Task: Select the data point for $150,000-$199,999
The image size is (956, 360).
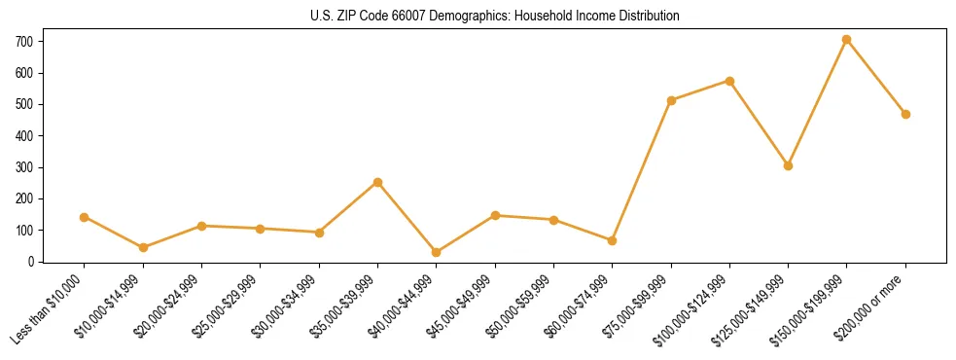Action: (x=846, y=40)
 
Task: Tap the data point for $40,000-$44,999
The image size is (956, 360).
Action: (x=436, y=252)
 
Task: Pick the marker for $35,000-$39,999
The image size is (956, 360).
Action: (x=377, y=182)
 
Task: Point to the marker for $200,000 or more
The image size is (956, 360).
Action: (x=905, y=114)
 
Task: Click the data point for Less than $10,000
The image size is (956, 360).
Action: (x=85, y=217)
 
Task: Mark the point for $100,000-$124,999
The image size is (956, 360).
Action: (x=729, y=81)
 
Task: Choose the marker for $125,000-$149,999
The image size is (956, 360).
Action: (x=788, y=165)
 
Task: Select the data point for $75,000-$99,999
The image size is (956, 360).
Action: (x=671, y=100)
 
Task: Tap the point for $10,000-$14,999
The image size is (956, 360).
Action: (x=143, y=247)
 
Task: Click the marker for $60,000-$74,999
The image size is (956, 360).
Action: (x=612, y=240)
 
